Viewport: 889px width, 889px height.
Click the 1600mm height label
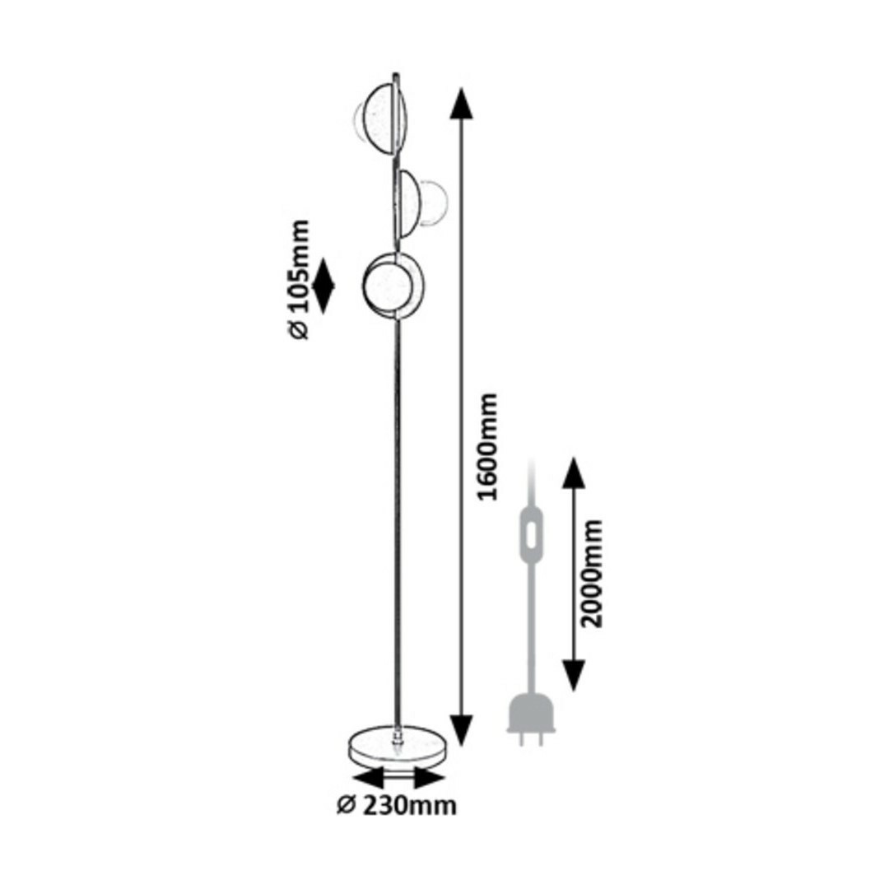point(488,447)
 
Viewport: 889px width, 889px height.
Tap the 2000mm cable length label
point(592,573)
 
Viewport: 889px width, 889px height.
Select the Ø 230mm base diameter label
point(397,806)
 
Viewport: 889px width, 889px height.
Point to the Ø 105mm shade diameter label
point(298,280)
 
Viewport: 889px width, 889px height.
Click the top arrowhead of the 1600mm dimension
point(462,103)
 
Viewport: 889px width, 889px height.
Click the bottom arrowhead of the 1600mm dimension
point(461,730)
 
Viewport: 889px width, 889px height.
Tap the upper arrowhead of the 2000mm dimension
point(574,472)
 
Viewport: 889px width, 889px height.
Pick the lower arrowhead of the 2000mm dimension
point(574,676)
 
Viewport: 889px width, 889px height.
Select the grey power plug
point(531,719)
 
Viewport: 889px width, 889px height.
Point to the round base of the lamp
point(398,744)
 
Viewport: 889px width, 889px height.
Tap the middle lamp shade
point(420,203)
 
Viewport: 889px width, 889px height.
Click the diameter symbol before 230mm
point(346,806)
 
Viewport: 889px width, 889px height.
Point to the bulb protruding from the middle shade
point(435,202)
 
